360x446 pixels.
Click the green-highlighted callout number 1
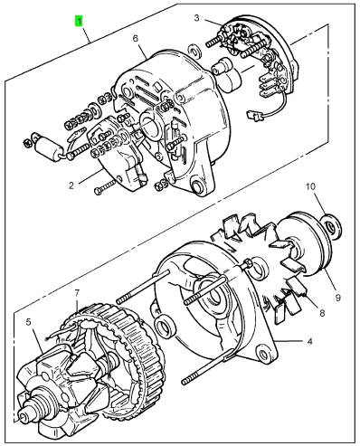(79, 22)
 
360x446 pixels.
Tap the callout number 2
(71, 185)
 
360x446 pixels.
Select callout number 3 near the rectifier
(196, 18)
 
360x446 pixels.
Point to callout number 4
(309, 341)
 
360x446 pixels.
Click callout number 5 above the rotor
(28, 322)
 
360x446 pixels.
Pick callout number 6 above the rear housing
(135, 38)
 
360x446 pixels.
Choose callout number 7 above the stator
(77, 293)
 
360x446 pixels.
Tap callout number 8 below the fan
(322, 313)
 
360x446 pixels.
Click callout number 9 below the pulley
(338, 298)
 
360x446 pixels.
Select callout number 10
(310, 186)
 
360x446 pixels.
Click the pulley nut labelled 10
(332, 225)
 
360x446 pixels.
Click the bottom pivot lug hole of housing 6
(197, 186)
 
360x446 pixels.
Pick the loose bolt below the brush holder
(105, 187)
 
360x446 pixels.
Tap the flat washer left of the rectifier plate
(195, 51)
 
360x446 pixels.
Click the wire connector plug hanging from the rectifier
(252, 114)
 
